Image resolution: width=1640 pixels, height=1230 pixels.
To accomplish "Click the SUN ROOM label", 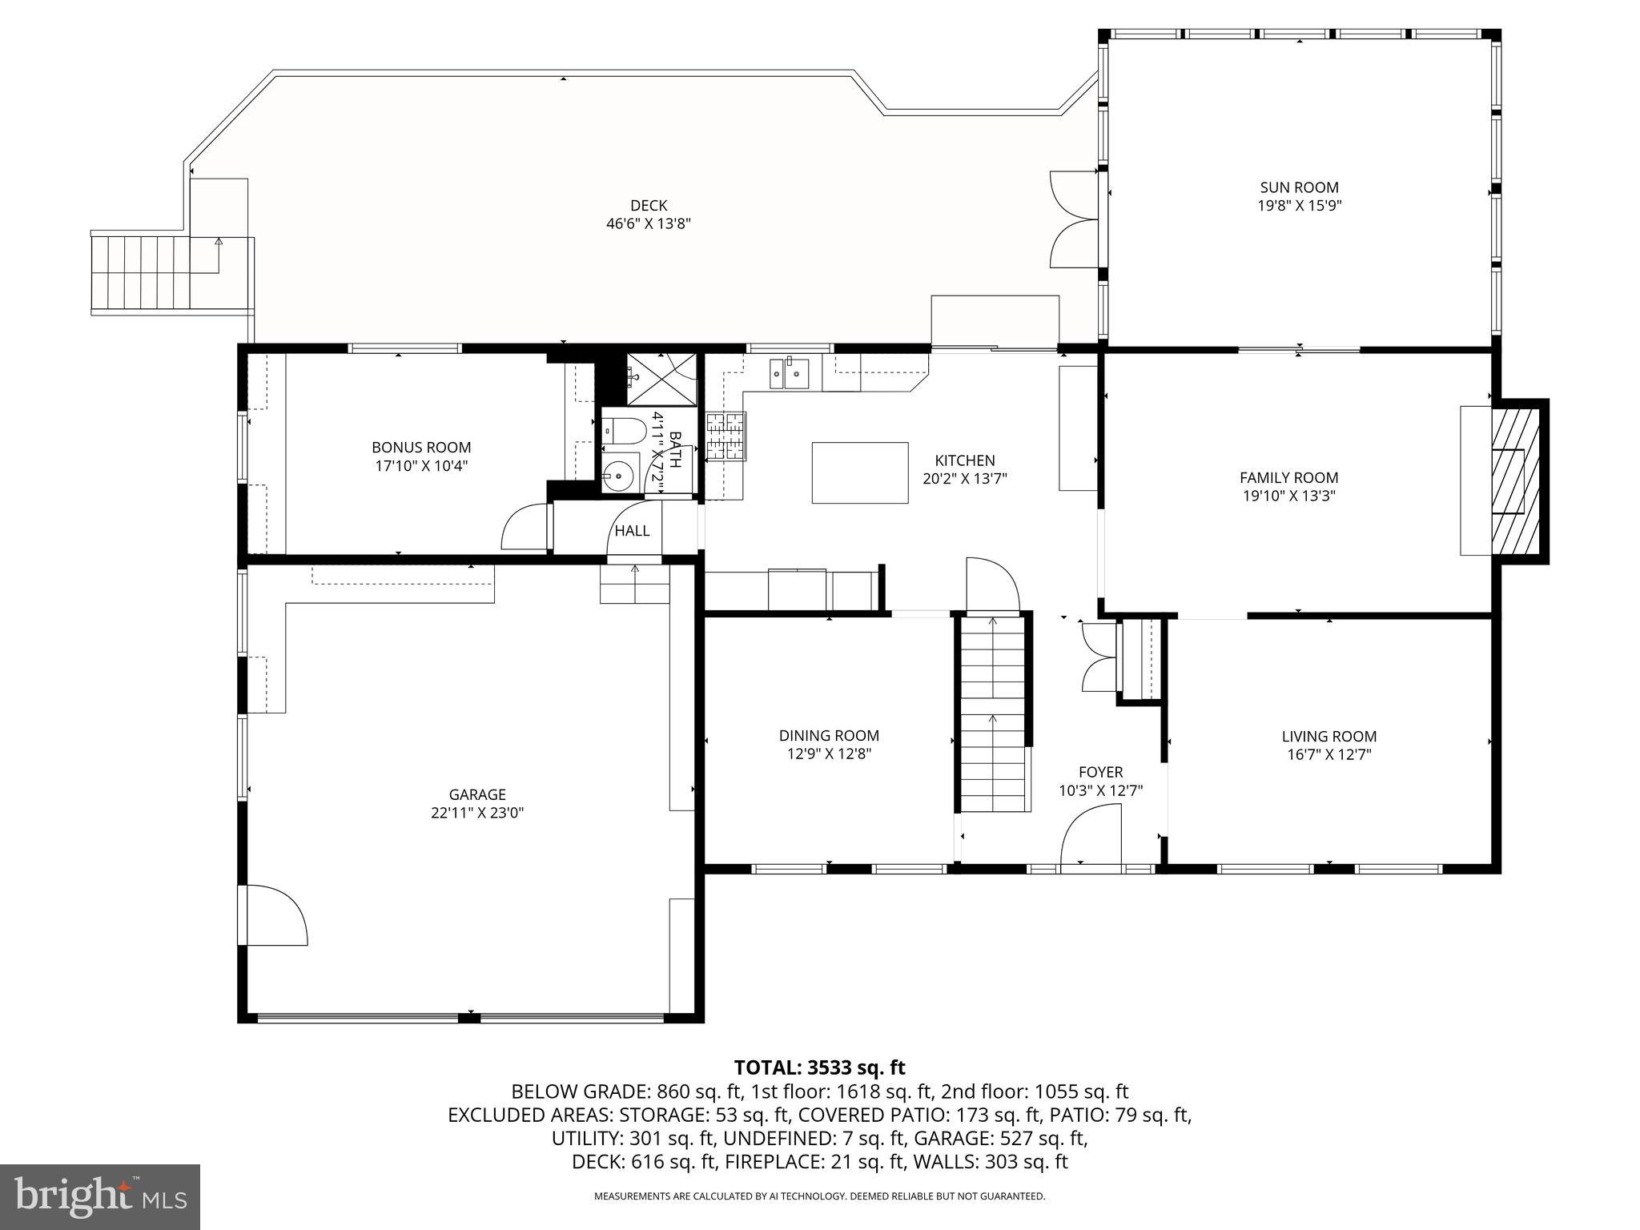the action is click(1299, 187).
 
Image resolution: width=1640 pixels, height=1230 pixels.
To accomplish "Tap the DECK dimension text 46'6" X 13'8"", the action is click(649, 224).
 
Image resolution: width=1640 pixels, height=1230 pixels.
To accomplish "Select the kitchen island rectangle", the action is click(860, 472).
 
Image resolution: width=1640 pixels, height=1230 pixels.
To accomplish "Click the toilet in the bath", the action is click(624, 431).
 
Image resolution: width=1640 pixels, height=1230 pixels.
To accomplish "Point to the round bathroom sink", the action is click(621, 475).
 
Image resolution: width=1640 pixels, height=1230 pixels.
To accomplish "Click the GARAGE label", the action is click(477, 794).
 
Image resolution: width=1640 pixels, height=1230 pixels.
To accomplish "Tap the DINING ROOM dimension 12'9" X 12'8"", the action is click(829, 754).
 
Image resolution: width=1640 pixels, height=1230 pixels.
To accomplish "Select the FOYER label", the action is click(1100, 772).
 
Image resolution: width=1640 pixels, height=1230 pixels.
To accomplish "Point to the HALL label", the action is click(632, 531).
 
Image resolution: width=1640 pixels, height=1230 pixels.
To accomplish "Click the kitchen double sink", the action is click(789, 373).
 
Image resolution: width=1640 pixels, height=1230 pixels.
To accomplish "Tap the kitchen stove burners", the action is click(726, 436).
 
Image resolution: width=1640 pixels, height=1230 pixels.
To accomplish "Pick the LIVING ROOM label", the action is click(1329, 737).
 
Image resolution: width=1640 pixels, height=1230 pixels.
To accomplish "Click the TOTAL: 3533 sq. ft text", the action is click(819, 1067).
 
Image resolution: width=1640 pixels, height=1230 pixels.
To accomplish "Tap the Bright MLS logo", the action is click(100, 1197).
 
